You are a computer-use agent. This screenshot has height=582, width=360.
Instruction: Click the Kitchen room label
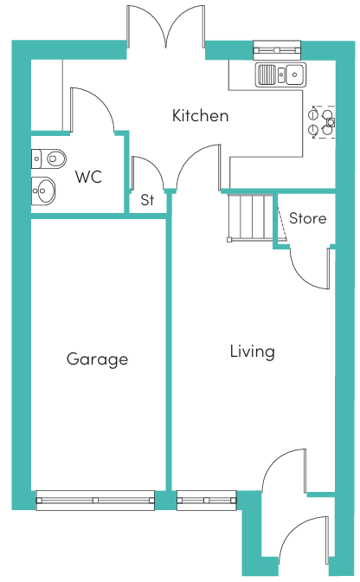click(x=200, y=115)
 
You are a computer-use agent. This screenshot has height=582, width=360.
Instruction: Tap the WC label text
click(x=88, y=177)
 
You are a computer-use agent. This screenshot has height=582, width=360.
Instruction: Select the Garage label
click(x=98, y=359)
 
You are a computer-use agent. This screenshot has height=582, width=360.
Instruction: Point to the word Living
click(x=253, y=352)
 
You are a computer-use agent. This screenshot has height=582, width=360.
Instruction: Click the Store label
click(x=308, y=218)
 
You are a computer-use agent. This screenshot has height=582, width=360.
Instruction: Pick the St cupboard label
click(x=147, y=200)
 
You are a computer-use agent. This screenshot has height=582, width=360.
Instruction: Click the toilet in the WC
click(x=48, y=158)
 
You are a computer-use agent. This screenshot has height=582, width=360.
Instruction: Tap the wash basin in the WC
click(x=43, y=191)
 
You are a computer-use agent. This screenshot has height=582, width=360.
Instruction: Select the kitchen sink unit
click(x=281, y=74)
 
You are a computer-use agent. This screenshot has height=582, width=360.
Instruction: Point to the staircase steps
click(x=250, y=218)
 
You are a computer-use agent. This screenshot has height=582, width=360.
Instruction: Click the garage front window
click(x=95, y=501)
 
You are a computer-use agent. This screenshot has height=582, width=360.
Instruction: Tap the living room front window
click(x=207, y=501)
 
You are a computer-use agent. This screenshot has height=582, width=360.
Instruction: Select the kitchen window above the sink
click(x=277, y=50)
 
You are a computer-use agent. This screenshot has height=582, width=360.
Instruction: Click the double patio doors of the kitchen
click(x=166, y=27)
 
